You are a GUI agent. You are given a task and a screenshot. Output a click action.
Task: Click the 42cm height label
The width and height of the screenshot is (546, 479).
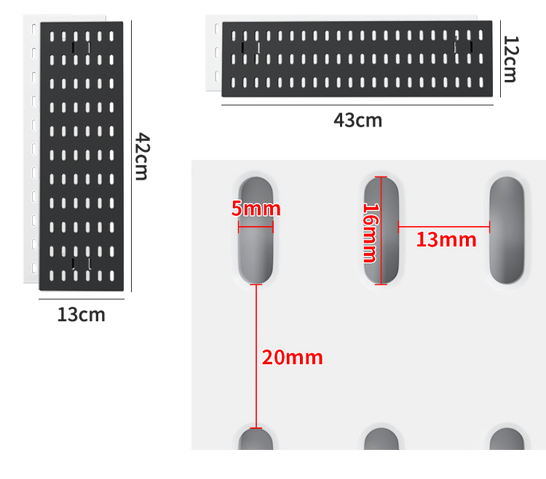coord(143,156)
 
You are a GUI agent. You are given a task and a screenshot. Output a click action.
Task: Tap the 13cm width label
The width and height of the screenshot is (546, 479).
coord(81,315)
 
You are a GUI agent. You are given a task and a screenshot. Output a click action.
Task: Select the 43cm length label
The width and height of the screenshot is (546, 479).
coord(357,120)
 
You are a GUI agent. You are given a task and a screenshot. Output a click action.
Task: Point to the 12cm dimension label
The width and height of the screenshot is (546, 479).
coord(511,59)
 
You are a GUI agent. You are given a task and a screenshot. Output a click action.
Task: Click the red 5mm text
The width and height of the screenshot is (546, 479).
coord(256,209)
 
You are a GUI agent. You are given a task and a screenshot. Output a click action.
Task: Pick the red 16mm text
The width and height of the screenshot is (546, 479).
coord(371,233)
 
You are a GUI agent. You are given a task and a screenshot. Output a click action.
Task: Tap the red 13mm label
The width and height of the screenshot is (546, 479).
coord(446,240)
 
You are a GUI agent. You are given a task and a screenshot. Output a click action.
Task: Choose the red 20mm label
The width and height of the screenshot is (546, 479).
coord(292,358)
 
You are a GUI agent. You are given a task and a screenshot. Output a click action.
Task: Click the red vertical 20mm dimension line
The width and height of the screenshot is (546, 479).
coord(256,356)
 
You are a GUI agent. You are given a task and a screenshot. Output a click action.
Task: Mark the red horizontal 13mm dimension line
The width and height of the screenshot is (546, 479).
coord(444,227)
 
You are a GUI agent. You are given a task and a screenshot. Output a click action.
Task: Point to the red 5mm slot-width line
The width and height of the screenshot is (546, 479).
coord(256,228)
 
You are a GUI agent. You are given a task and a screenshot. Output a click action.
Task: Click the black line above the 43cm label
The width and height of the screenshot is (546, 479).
coord(357,105)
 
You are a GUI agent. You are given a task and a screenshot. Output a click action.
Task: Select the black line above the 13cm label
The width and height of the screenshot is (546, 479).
coord(82,299)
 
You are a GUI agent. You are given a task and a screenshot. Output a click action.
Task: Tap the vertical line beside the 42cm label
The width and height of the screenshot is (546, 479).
coord(131,156)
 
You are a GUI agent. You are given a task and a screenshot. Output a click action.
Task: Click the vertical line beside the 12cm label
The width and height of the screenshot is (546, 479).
coord(500,59)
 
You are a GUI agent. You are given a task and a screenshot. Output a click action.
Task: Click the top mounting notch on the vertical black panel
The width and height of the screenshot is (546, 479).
coord(81,48)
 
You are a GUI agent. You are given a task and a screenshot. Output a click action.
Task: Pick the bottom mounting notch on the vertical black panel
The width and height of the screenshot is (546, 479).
coord(81,263)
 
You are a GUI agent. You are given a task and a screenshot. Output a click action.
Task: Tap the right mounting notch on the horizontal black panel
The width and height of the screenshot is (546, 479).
coord(463,47)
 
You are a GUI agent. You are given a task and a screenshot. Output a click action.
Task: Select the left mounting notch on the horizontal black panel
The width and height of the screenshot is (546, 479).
coord(250,48)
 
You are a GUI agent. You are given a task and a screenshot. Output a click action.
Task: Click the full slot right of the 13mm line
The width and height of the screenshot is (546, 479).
coord(507,230)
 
